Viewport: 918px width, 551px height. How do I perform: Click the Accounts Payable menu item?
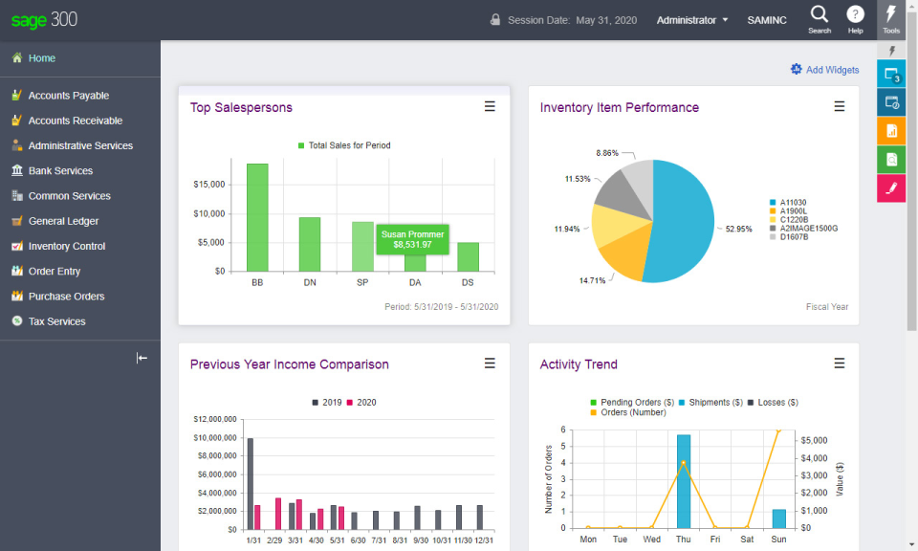click(x=68, y=96)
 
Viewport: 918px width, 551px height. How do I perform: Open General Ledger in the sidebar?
click(x=63, y=221)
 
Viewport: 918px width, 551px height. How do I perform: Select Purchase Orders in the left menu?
click(x=66, y=297)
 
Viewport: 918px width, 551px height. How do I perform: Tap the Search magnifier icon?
click(x=820, y=14)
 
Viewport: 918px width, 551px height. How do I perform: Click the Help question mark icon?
click(x=856, y=14)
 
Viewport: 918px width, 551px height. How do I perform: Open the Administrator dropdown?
click(x=692, y=20)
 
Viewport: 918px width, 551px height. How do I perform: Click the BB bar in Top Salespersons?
click(x=257, y=218)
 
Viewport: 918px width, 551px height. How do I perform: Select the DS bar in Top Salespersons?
click(x=468, y=256)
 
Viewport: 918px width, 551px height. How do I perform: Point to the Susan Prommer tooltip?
click(x=412, y=239)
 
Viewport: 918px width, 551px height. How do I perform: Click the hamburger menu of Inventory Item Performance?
click(x=840, y=107)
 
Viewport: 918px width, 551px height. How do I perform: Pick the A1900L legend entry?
click(x=793, y=211)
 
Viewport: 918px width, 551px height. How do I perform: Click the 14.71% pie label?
click(x=591, y=280)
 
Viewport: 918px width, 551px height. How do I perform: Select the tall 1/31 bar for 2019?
click(x=251, y=483)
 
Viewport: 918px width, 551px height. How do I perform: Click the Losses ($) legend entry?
click(x=773, y=403)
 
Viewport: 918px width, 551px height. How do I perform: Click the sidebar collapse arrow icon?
click(x=142, y=358)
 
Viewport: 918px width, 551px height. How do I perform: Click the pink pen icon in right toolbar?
click(x=890, y=188)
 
